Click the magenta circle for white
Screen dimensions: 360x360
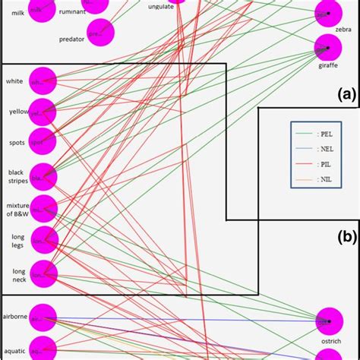click(x=43, y=81)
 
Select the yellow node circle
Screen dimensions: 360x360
click(x=43, y=112)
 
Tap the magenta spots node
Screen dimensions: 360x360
click(x=43, y=141)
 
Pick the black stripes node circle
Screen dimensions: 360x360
click(x=43, y=176)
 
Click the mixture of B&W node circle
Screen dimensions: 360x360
click(x=43, y=208)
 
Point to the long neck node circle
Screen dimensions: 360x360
click(x=43, y=273)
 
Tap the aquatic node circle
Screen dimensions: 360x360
click(x=43, y=349)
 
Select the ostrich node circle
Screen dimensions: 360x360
click(x=328, y=321)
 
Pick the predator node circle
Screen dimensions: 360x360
click(x=99, y=33)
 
